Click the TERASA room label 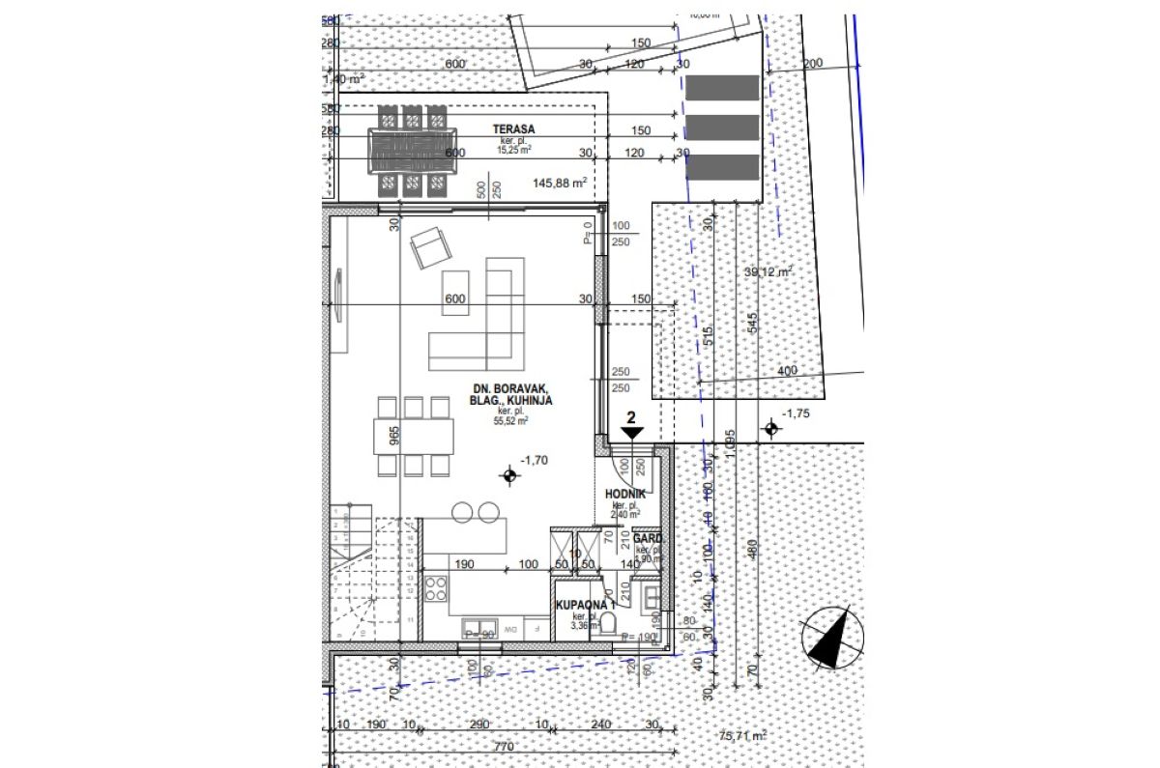click(512, 128)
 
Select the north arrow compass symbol click(831, 638)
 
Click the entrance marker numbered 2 click(631, 426)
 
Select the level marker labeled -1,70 click(509, 474)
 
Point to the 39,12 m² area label click(769, 272)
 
